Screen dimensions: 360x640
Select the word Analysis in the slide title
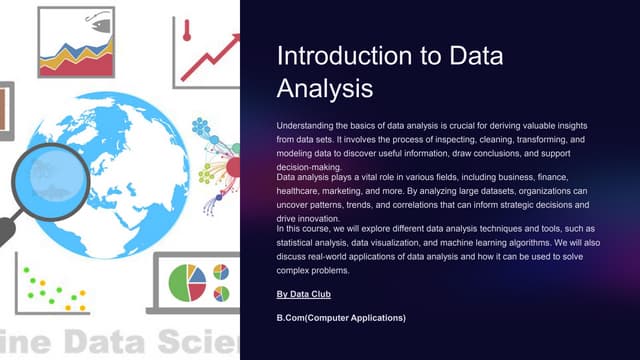tap(325, 89)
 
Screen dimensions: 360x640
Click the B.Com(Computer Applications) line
tap(341, 318)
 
